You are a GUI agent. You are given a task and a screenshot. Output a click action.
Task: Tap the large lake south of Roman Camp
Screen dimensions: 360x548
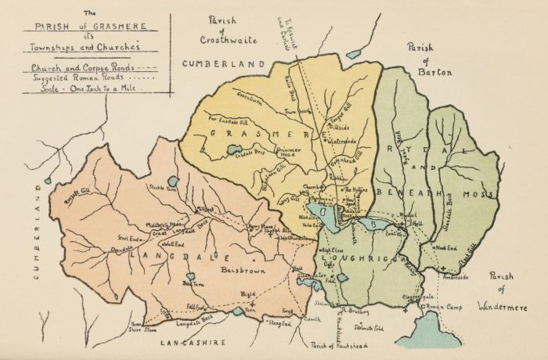(x=426, y=337)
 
